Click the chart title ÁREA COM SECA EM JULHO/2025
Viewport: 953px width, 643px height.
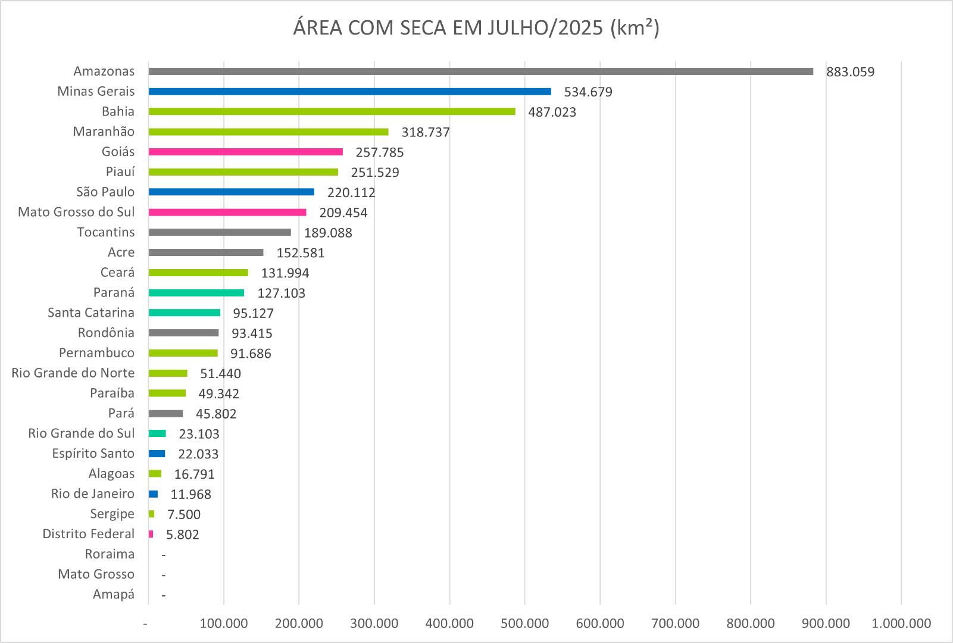click(x=476, y=28)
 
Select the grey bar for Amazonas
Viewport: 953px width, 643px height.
click(x=480, y=71)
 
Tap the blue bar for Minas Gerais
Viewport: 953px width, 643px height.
click(x=349, y=92)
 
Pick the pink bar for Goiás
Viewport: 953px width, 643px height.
click(x=245, y=152)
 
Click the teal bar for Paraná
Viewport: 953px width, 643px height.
click(x=196, y=293)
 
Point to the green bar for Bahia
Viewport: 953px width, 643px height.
click(x=332, y=111)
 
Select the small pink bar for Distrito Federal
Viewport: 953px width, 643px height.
click(x=151, y=534)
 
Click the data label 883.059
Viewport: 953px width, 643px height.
click(x=850, y=72)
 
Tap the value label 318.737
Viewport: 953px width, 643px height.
click(x=425, y=132)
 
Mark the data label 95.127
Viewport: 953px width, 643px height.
click(x=253, y=313)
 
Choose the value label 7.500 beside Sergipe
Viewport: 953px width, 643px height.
click(x=183, y=514)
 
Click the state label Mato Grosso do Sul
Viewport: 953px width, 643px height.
click(x=76, y=212)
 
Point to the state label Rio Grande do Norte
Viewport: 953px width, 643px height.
click(x=73, y=373)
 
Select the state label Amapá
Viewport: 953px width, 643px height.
click(x=113, y=594)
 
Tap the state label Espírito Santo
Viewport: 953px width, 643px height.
click(x=93, y=454)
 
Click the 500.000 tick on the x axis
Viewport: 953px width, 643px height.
click(x=524, y=623)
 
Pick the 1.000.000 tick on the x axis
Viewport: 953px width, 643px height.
click(x=901, y=623)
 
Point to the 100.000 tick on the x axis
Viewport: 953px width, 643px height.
click(x=223, y=623)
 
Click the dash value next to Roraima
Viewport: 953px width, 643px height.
click(x=163, y=555)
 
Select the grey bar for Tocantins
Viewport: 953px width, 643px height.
click(x=220, y=232)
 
